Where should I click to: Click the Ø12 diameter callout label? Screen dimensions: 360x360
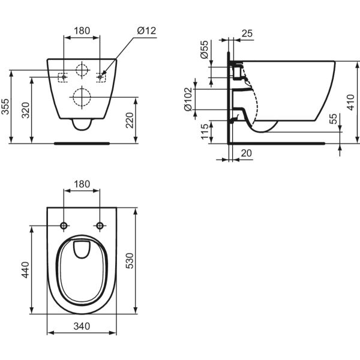click(146, 31)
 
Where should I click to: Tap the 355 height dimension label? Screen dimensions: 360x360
click(5, 107)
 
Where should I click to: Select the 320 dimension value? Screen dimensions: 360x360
click(25, 110)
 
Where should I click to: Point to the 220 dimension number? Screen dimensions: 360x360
click(130, 120)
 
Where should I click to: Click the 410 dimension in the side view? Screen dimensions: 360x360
click(350, 103)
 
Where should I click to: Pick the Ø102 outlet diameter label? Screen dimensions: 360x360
click(188, 99)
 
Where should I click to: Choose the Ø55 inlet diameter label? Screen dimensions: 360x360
click(204, 50)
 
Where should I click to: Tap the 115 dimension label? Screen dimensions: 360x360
click(205, 131)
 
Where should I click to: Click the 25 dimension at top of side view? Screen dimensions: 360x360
click(247, 34)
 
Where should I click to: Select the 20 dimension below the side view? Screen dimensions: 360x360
click(247, 153)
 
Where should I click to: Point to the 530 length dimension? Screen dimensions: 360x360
click(130, 260)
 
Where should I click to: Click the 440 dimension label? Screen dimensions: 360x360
click(25, 270)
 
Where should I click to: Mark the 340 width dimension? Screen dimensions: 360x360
click(82, 326)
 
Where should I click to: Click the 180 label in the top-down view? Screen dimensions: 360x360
click(82, 184)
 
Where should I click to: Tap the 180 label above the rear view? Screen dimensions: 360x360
click(82, 31)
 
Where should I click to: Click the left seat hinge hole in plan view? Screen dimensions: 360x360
click(64, 226)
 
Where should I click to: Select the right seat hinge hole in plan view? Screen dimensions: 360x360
click(100, 226)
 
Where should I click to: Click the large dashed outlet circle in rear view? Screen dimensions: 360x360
click(82, 97)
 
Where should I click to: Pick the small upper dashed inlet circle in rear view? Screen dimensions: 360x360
click(82, 70)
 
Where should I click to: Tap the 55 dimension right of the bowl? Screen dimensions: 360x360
click(333, 119)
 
